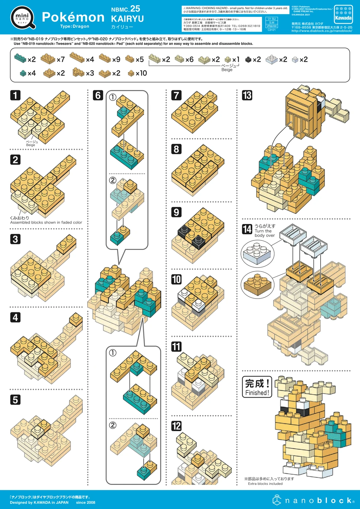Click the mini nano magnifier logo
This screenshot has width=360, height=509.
[x=23, y=17]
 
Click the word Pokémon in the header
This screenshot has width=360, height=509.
[x=73, y=17]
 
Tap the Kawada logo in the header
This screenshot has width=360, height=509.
[x=343, y=14]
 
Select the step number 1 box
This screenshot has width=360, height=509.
[x=15, y=95]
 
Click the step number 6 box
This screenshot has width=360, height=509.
[x=98, y=95]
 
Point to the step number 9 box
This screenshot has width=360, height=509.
[x=177, y=212]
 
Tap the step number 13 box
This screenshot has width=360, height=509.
[x=247, y=95]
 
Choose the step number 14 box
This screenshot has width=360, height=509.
[x=247, y=229]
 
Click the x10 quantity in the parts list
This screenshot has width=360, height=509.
[x=141, y=73]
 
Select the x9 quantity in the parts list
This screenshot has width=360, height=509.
[x=116, y=59]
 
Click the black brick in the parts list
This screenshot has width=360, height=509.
[x=248, y=60]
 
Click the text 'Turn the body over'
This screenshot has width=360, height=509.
[x=265, y=231]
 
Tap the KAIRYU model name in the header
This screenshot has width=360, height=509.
[x=127, y=19]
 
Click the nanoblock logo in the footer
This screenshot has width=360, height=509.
[x=313, y=500]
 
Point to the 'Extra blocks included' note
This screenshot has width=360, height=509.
[x=265, y=483]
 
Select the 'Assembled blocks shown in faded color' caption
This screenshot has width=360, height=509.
[x=46, y=222]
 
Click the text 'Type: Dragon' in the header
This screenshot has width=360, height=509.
[x=75, y=26]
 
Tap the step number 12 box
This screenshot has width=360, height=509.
[x=177, y=426]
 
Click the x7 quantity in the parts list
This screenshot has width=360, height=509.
[x=61, y=59]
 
